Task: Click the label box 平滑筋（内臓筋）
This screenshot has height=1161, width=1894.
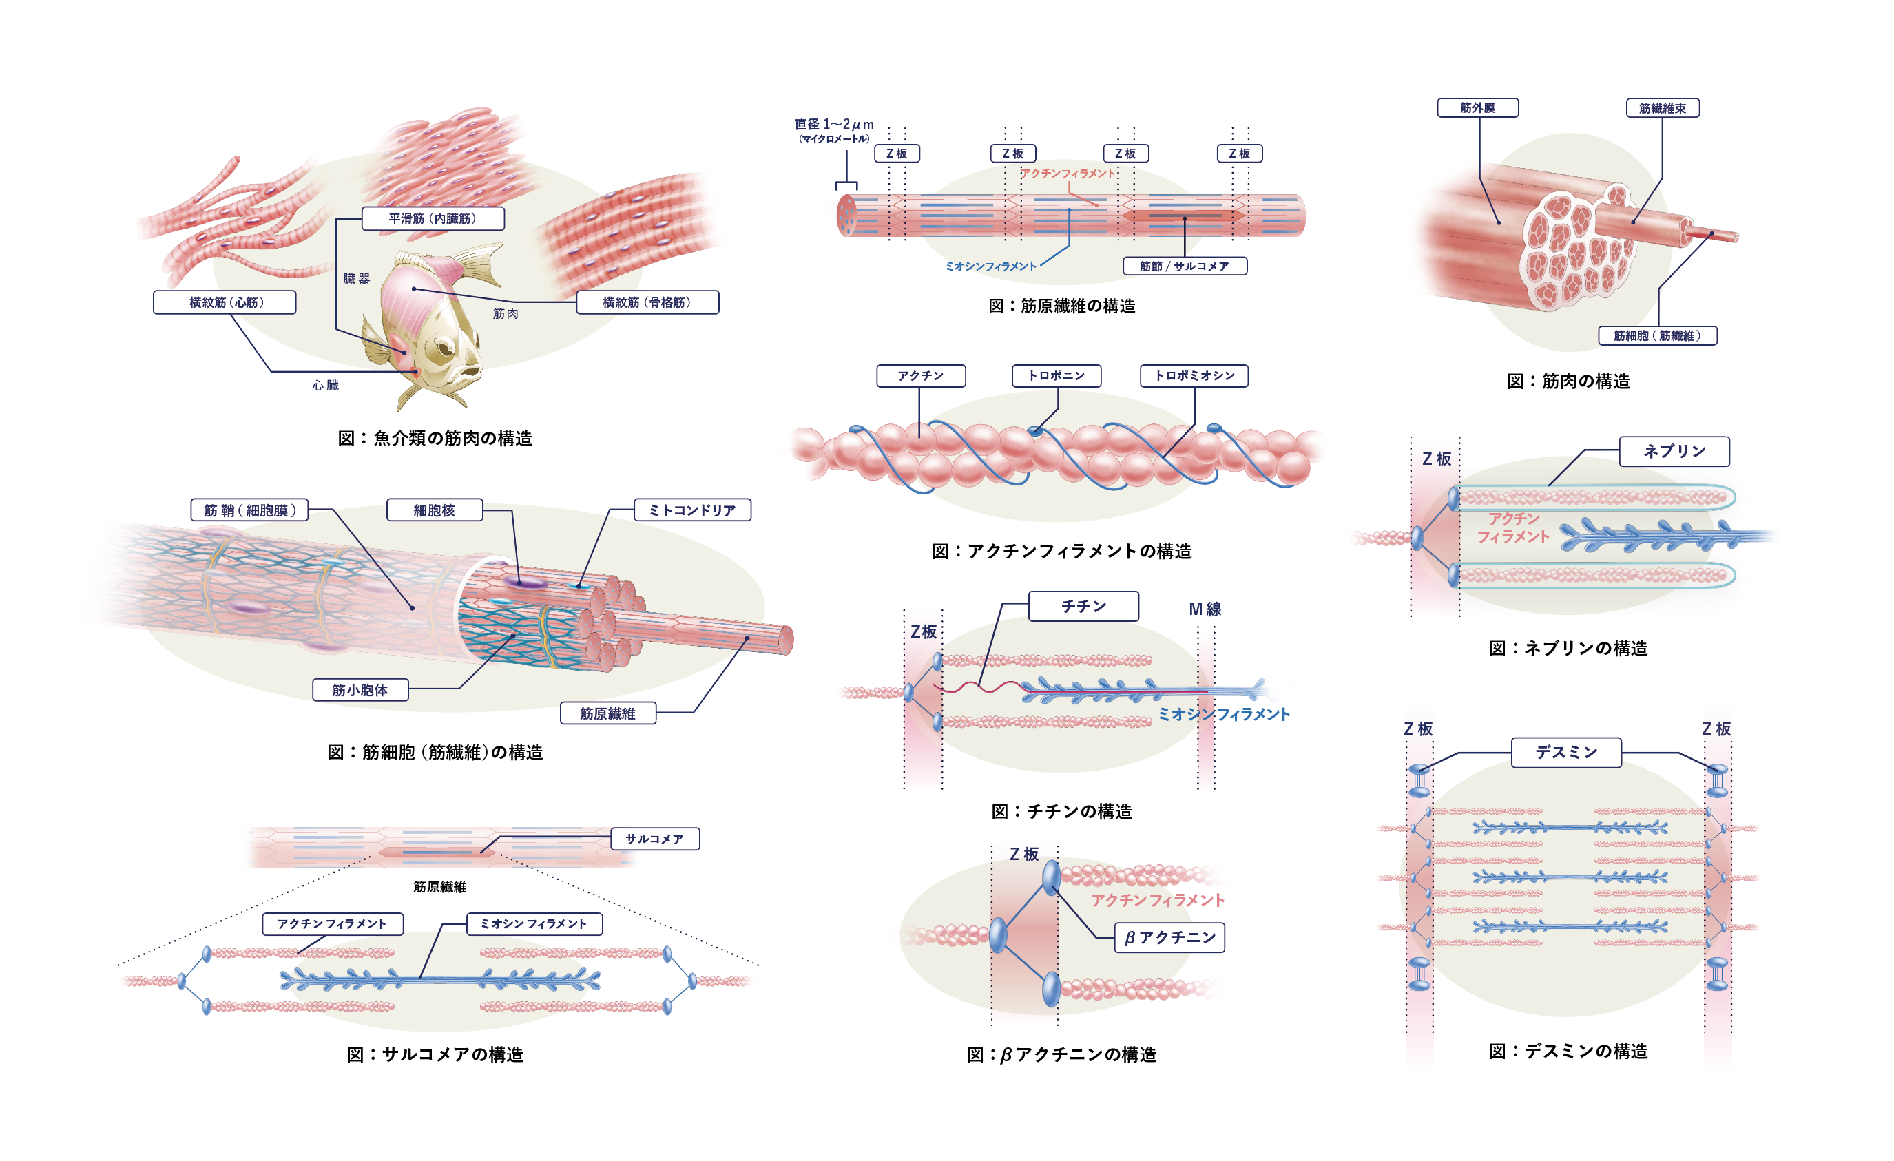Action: [433, 218]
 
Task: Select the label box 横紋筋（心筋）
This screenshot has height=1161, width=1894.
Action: [225, 302]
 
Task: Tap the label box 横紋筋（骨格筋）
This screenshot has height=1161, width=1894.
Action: [647, 302]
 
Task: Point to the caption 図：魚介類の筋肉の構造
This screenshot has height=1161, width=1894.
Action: [435, 438]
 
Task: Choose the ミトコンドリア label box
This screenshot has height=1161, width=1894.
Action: [691, 510]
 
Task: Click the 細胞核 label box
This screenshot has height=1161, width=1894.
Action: [435, 510]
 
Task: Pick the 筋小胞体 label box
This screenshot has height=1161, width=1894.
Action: [360, 690]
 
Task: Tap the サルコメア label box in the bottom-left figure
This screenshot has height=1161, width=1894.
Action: [655, 838]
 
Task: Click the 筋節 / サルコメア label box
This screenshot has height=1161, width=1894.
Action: [1185, 266]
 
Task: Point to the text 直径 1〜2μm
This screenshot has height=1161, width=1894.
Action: [834, 124]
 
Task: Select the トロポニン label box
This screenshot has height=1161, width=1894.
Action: [1057, 376]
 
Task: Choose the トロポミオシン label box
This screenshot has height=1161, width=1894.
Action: [1194, 376]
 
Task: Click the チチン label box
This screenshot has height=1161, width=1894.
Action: [1084, 606]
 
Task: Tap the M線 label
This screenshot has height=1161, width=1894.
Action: [1205, 609]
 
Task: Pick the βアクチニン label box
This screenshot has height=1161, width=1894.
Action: [1169, 937]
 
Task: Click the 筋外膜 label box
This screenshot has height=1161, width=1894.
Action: [1477, 107]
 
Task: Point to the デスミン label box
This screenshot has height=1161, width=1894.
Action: [1567, 752]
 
